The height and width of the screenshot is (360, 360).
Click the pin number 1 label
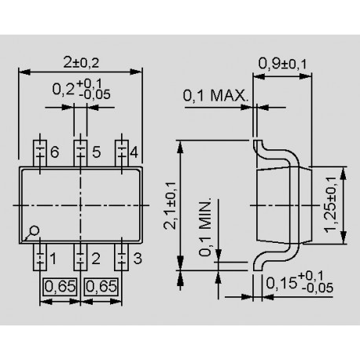click(x=53, y=257)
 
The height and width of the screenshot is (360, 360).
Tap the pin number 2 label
click(x=94, y=257)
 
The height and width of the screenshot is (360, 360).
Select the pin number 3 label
click(x=137, y=257)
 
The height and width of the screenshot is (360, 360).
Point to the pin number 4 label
click(x=135, y=152)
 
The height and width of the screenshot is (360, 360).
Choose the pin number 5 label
click(x=94, y=152)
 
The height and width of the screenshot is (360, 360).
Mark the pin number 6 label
click(x=53, y=152)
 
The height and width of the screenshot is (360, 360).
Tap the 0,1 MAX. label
click(x=215, y=97)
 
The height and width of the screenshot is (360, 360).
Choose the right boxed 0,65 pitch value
click(x=101, y=286)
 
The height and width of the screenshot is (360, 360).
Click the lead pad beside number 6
click(x=39, y=151)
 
